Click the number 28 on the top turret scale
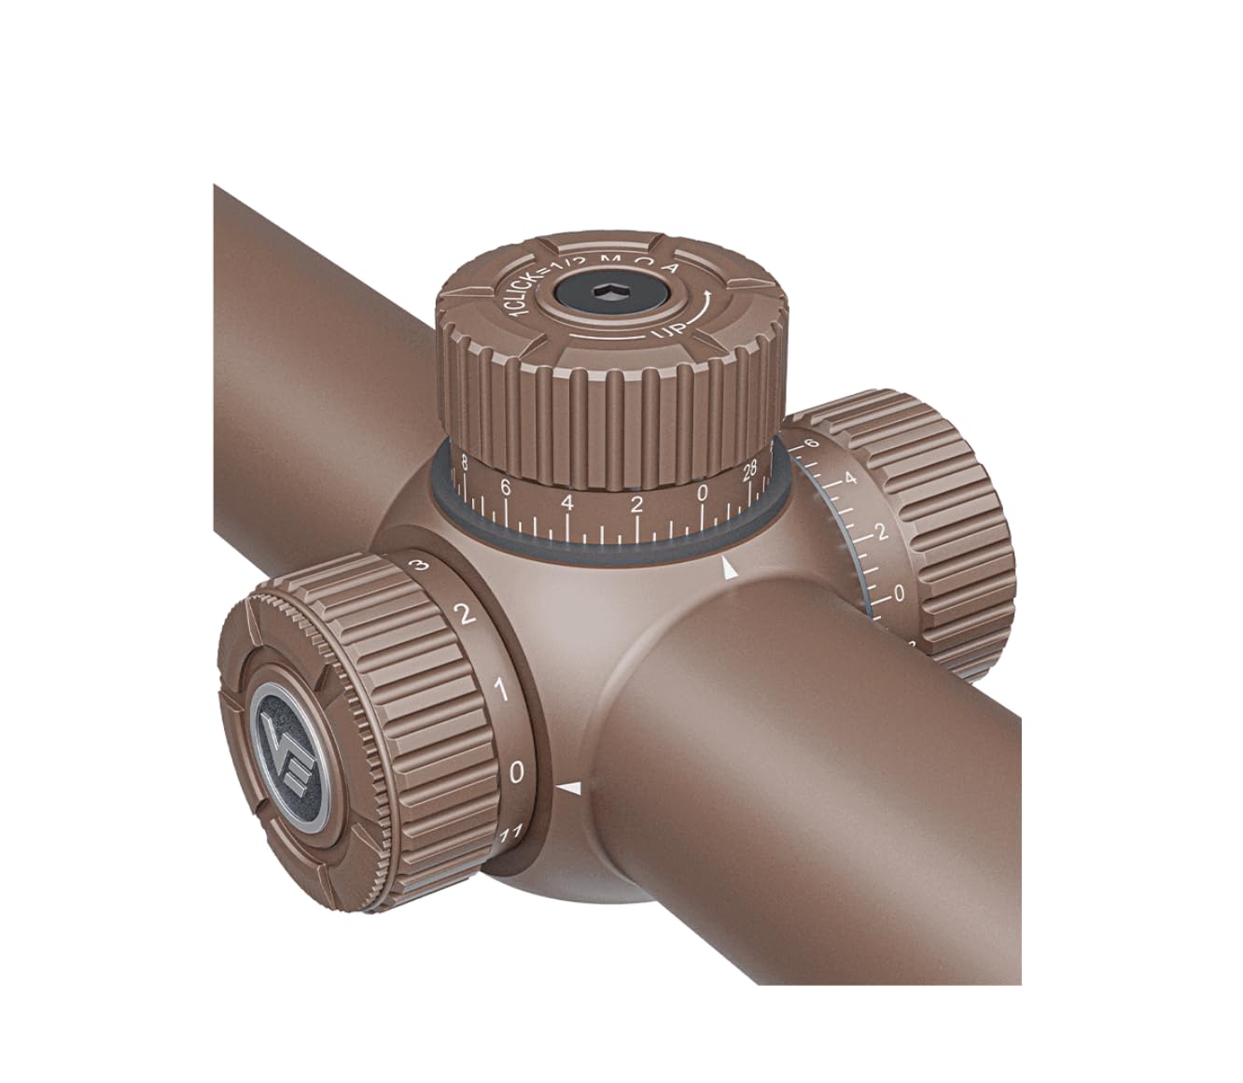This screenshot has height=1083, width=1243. coord(749,472)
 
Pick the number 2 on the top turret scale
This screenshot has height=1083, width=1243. coord(637,505)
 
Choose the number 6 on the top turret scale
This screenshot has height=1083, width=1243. coord(505,486)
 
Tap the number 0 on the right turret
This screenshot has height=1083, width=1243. coord(899,593)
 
